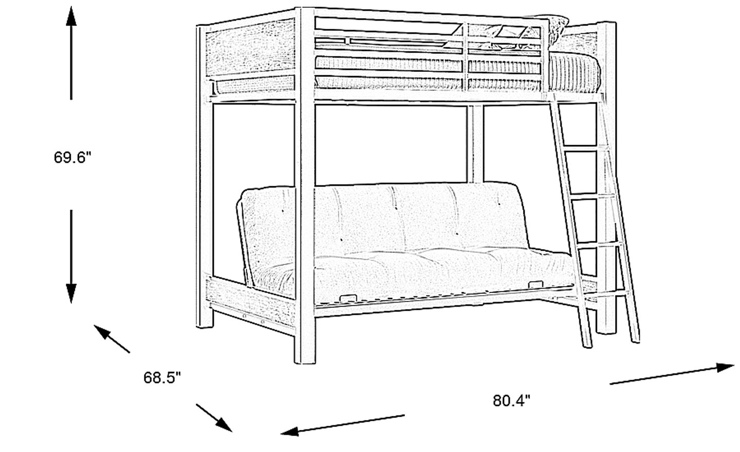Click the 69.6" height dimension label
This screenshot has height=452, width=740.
coord(72,158)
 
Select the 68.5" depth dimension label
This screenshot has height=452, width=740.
coord(162,378)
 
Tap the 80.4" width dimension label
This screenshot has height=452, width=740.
coord(511,401)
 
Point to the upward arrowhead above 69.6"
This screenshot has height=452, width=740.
coord(71,16)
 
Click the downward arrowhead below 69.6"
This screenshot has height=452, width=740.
coord(71,293)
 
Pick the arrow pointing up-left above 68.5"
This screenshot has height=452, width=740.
coord(112,339)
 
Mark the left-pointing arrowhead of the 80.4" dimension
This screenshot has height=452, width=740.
coord(289,431)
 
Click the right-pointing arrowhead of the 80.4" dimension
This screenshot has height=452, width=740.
coord(725,367)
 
